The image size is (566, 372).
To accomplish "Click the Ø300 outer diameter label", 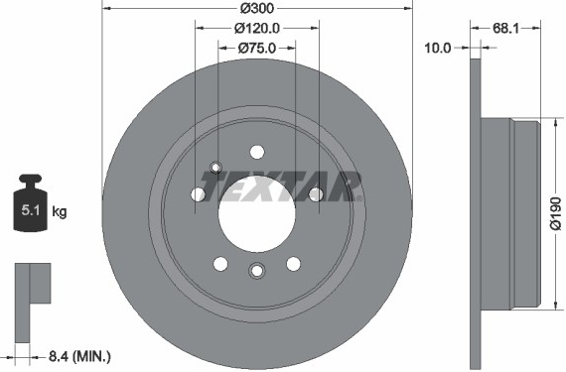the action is pos(257,8).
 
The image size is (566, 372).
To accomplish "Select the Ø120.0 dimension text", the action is pos(257,28).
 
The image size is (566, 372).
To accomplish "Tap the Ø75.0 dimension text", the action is pos(257,48).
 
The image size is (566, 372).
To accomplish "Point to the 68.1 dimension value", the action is pos(505,28).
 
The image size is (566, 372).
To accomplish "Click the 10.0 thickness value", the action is pos(438,48).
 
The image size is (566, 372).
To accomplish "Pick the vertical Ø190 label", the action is pos(556,213).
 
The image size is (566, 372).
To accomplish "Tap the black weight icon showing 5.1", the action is pos(31,202).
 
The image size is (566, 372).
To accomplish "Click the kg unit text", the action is pos(60,211).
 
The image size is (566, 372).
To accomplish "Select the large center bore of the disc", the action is pos(257,213).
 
